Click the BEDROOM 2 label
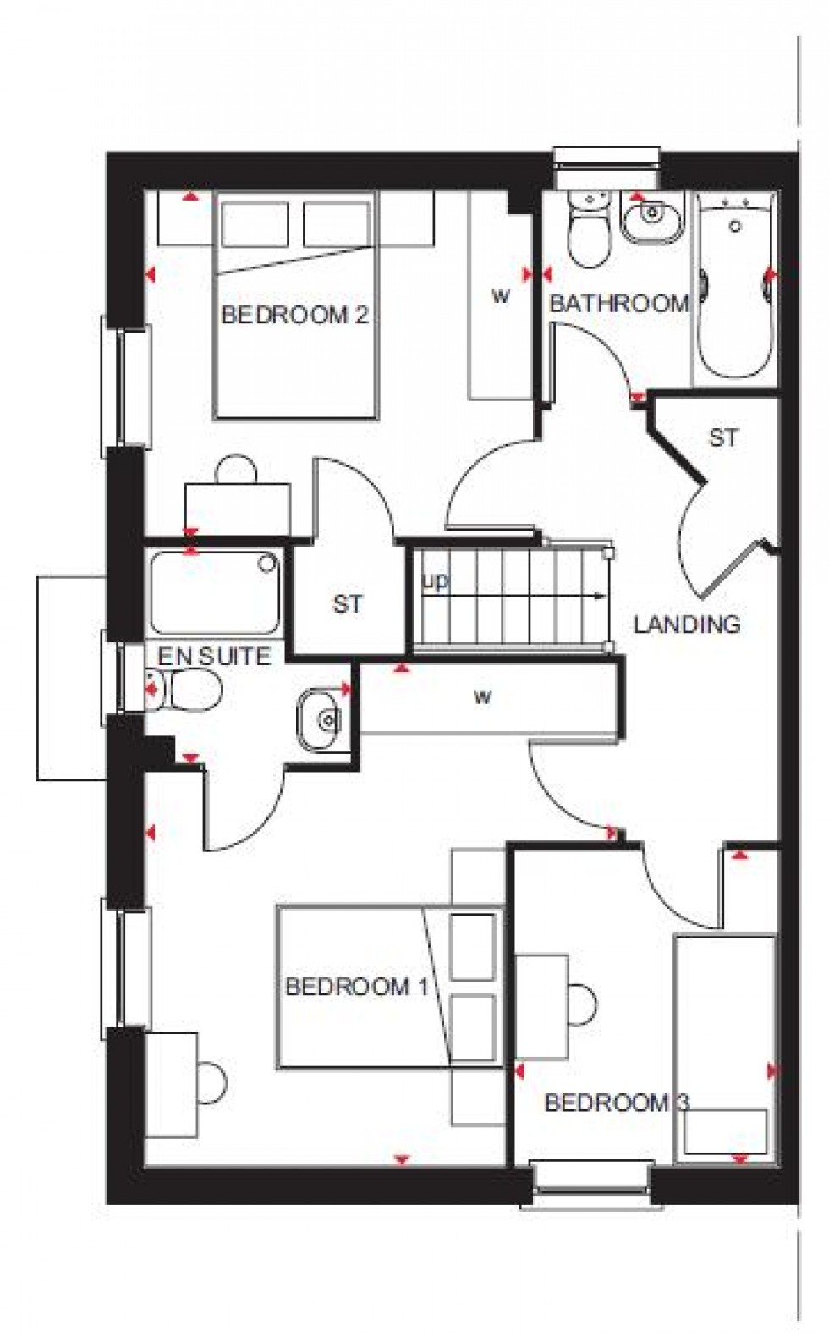[294, 316]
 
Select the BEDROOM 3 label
[617, 1103]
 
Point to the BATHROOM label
[619, 304]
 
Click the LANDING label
[687, 624]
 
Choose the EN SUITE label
[214, 655]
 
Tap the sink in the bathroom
[650, 216]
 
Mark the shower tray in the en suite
[217, 593]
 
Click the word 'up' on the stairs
[436, 581]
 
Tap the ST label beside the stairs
[348, 604]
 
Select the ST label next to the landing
[723, 437]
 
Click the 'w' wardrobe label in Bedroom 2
[502, 296]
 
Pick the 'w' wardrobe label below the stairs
[482, 697]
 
